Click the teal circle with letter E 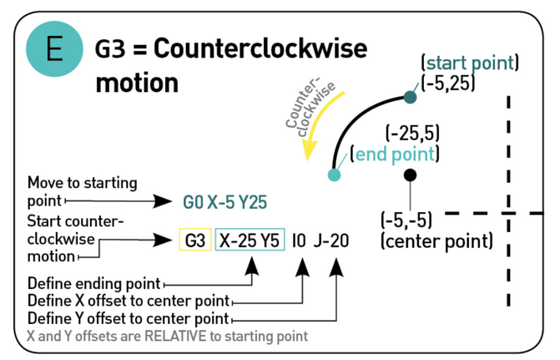click(54, 49)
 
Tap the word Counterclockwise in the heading click(260, 48)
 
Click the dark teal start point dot click(410, 97)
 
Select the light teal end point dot click(335, 175)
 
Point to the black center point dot click(410, 175)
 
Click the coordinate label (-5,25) click(448, 84)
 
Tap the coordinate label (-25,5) click(412, 134)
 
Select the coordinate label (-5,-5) click(406, 220)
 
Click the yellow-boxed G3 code click(195, 240)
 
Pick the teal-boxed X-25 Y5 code click(250, 240)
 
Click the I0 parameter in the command click(299, 241)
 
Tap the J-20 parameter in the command click(331, 241)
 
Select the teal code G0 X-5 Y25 click(225, 202)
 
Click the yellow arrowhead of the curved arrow click(309, 150)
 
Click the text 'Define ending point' click(94, 283)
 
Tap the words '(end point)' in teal click(395, 155)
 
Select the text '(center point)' click(436, 241)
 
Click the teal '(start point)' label click(470, 63)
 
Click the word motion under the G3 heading click(137, 83)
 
